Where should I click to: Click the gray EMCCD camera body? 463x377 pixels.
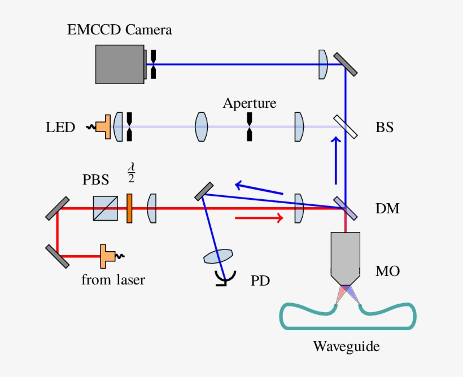pyautogui.click(x=120, y=63)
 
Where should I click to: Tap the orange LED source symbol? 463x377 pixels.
pyautogui.click(x=103, y=126)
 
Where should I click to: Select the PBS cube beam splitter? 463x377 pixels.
pyautogui.click(x=106, y=208)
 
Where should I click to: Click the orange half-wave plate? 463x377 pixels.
pyautogui.click(x=129, y=208)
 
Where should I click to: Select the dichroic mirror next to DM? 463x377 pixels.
pyautogui.click(x=345, y=208)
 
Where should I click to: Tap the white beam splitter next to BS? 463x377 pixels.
pyautogui.click(x=345, y=126)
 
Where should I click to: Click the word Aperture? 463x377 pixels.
pyautogui.click(x=250, y=103)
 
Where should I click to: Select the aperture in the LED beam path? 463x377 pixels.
pyautogui.click(x=249, y=126)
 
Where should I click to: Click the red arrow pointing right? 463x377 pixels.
pyautogui.click(x=259, y=218)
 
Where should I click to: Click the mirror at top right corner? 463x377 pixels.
pyautogui.click(x=345, y=64)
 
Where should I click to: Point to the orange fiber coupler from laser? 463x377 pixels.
pyautogui.click(x=106, y=256)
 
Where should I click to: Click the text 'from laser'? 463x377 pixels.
pyautogui.click(x=113, y=279)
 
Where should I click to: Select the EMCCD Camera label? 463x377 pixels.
pyautogui.click(x=120, y=30)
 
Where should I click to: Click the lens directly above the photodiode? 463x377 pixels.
pyautogui.click(x=218, y=257)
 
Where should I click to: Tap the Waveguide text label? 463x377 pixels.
pyautogui.click(x=346, y=345)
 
